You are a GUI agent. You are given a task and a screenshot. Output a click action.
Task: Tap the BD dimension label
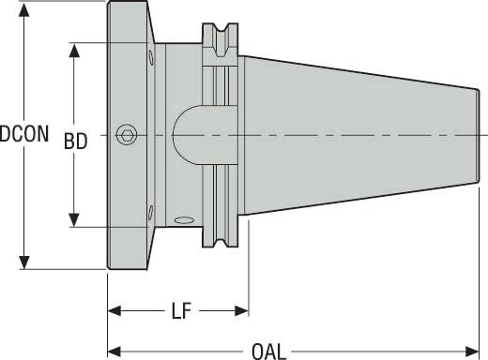(75, 142)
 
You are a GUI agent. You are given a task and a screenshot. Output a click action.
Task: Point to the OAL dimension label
(269, 352)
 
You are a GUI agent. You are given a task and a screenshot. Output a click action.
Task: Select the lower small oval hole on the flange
(151, 211)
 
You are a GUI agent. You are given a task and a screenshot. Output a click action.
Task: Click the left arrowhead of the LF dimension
(114, 309)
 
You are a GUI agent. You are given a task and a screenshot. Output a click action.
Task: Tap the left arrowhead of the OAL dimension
(114, 352)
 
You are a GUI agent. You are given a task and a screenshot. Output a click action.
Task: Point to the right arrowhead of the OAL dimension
(478, 352)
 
